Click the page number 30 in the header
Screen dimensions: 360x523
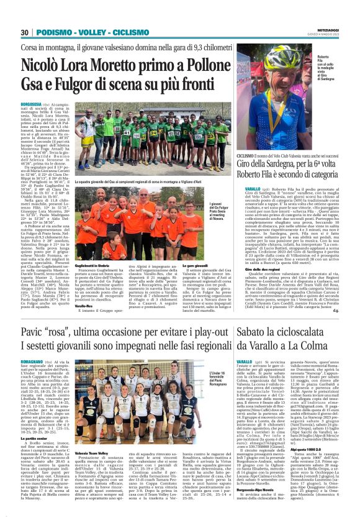tap(25, 32)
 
